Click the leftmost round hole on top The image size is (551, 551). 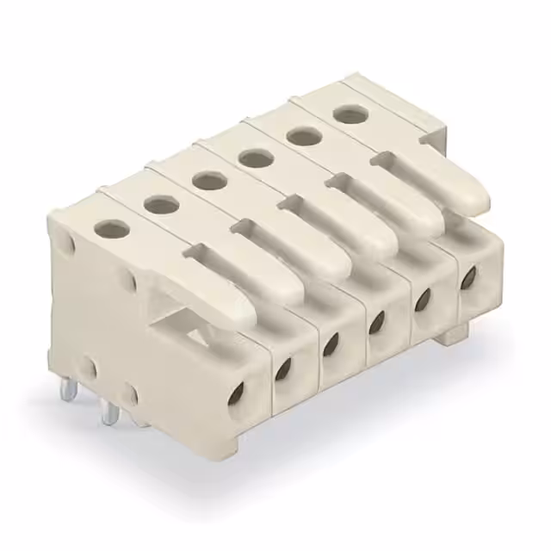tap(111, 228)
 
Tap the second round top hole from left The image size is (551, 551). tap(159, 204)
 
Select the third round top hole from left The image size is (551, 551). tap(207, 181)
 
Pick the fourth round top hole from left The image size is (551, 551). tap(254, 158)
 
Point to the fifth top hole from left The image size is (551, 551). tap(300, 135)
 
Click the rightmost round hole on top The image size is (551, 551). tap(347, 113)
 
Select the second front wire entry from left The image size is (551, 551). tap(283, 368)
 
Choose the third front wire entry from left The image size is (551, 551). tap(331, 344)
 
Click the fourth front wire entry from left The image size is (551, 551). tap(376, 322)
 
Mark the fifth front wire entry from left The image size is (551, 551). tap(423, 300)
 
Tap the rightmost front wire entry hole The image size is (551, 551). tap(468, 277)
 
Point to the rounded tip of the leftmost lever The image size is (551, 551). tap(246, 311)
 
